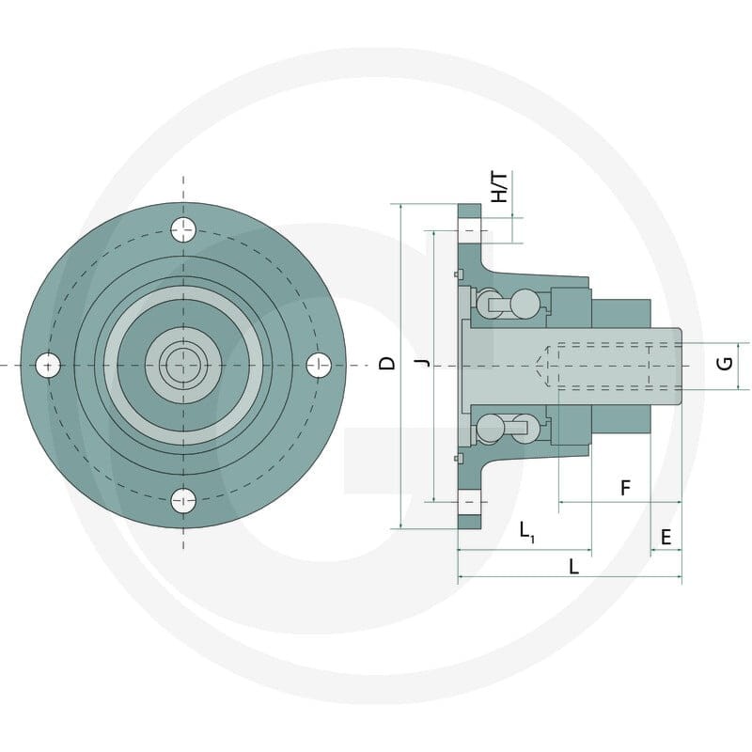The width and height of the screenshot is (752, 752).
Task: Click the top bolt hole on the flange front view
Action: coord(183,229)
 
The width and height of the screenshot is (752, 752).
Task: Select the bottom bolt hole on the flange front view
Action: coord(183,501)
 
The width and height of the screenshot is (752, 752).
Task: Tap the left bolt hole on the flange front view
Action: coord(48,366)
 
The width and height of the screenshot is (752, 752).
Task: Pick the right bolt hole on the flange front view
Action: coord(319,366)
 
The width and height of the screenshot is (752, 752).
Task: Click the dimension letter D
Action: coord(386,364)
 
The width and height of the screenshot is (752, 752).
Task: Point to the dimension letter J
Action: coord(424,363)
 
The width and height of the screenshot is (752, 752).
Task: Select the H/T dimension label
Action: coord(500,187)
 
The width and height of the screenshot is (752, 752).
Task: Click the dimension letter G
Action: coord(725,364)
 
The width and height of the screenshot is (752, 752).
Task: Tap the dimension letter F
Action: coord(625,488)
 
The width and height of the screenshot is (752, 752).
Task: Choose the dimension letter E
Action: coord(666,537)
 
